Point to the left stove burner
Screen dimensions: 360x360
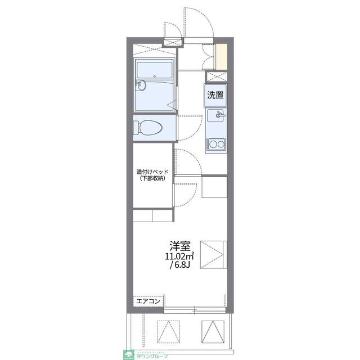click(211, 146)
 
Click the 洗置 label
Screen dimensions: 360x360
click(215, 95)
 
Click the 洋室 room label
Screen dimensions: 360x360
click(180, 246)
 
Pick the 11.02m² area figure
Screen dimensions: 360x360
click(179, 256)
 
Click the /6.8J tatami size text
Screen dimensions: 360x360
click(180, 266)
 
